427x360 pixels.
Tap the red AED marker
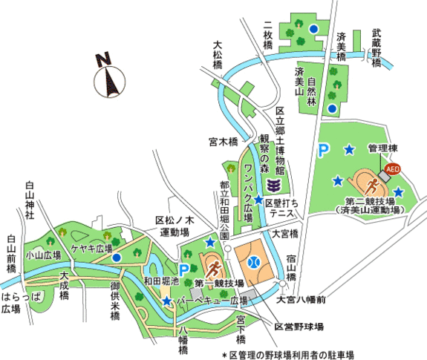coord(392,169)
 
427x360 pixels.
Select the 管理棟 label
coord(382,148)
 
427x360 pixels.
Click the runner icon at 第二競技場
coord(372,186)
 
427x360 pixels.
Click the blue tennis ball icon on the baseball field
coord(254,262)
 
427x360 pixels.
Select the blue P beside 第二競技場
coord(324,151)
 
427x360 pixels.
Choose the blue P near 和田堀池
coord(184,270)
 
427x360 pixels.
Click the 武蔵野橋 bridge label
coord(377,48)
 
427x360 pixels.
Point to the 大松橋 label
coord(218,55)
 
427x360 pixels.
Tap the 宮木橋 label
coord(224,142)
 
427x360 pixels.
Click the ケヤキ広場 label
coord(92,248)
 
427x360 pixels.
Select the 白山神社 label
coord(30,200)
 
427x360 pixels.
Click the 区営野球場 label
coord(299,327)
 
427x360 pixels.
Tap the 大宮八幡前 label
coord(301,300)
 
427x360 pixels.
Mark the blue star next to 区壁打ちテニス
coord(258,200)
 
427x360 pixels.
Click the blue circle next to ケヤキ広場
coord(117,258)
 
